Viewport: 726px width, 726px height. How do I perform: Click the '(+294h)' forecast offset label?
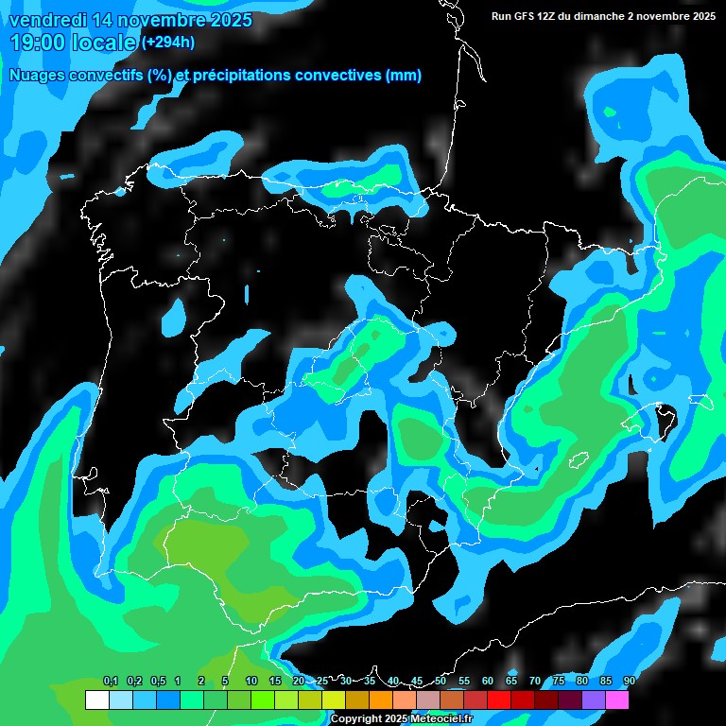coord(167,42)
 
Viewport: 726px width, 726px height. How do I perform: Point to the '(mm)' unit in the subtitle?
coord(404,76)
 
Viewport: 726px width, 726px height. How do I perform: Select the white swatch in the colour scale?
coord(96,700)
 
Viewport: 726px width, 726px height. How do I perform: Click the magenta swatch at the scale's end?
coord(616,700)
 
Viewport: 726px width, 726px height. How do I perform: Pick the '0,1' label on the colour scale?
coord(111,682)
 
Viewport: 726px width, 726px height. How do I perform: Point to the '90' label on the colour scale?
coord(629,682)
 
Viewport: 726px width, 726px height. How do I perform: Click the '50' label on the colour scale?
coord(441,682)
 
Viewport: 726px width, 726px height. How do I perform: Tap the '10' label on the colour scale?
coord(251,682)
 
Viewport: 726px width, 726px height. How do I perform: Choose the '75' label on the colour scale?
coord(559,682)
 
